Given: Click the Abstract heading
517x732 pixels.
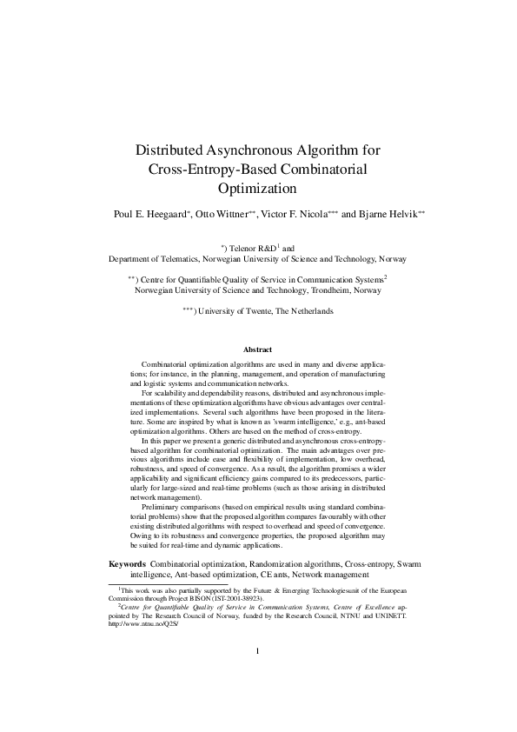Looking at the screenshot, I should click(x=258, y=349).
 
